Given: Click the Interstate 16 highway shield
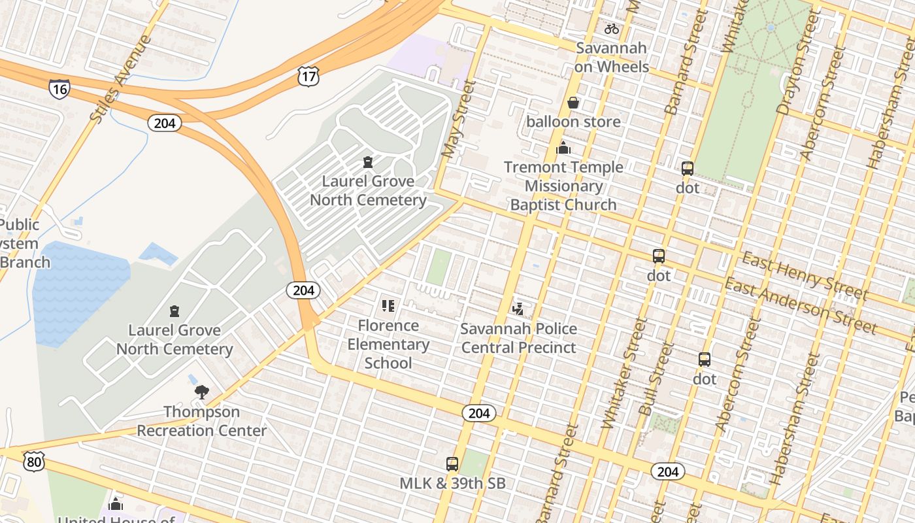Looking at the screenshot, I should click(59, 88).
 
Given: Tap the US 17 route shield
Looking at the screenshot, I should click(308, 76).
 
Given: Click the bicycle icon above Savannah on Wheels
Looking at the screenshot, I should click(612, 29).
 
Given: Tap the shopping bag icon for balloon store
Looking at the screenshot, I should click(573, 103).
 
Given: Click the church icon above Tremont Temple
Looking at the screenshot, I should click(563, 148).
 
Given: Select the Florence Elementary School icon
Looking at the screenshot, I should click(388, 306).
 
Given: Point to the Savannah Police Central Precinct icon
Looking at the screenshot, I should click(518, 309).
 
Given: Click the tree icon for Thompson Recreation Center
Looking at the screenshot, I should click(201, 392).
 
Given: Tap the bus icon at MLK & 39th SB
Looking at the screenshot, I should click(452, 464).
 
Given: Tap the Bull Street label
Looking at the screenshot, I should click(656, 379).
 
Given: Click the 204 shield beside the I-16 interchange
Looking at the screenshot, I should click(164, 123).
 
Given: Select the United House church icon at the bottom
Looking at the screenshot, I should click(116, 504).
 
